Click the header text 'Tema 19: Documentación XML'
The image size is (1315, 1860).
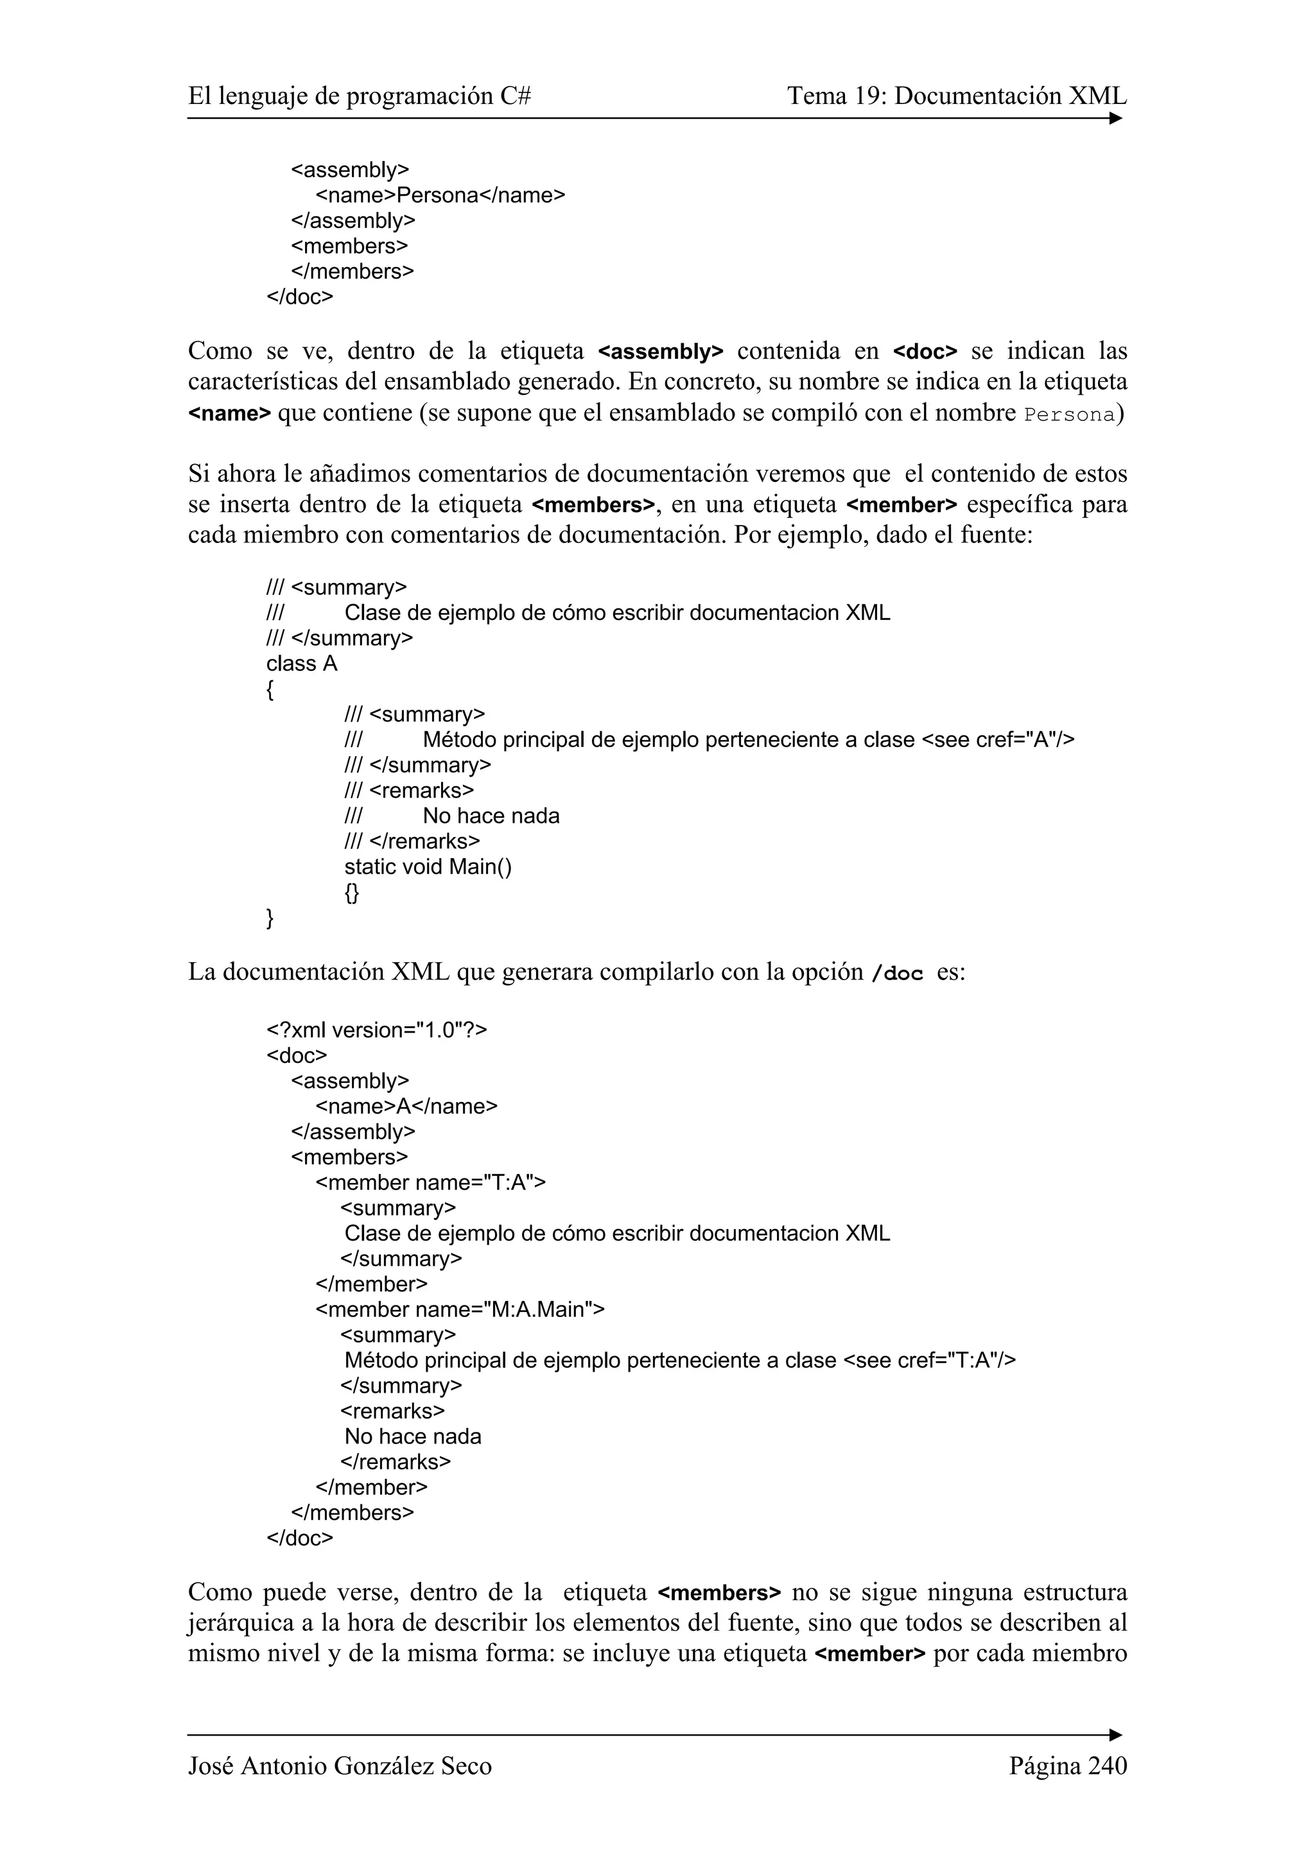coord(956,96)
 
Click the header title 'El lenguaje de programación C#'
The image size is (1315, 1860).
coord(360,96)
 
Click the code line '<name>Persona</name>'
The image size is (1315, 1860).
coord(440,195)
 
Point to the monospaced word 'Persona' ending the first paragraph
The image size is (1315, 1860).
coord(1068,415)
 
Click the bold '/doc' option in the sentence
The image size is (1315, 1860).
coord(897,973)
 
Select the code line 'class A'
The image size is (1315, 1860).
coord(301,664)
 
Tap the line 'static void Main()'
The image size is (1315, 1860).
coord(428,867)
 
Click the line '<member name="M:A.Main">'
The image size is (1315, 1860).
coord(459,1309)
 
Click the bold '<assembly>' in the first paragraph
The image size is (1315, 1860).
coord(660,352)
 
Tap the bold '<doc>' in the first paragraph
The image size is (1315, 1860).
coord(925,352)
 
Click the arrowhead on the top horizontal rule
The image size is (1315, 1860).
coord(1116,119)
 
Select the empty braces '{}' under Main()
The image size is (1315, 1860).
coord(351,892)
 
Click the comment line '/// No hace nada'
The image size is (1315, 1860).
coord(451,816)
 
